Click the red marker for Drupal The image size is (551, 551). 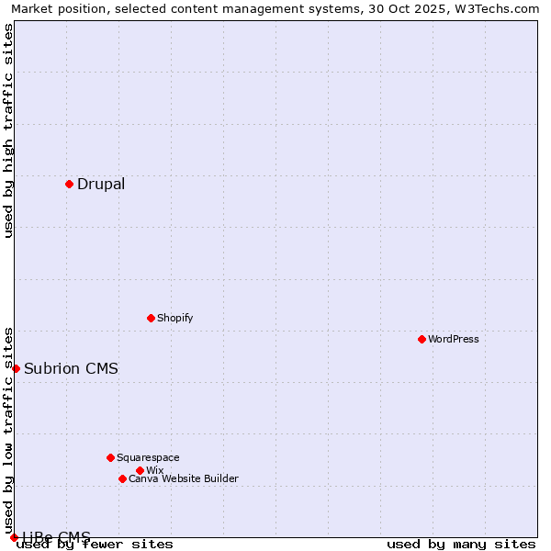point(69,184)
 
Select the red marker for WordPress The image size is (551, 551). point(422,339)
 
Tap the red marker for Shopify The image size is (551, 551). point(151,318)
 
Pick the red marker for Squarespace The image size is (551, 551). point(110,457)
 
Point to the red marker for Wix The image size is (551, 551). point(140,470)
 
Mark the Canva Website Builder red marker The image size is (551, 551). point(122,478)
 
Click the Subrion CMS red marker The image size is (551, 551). point(16,368)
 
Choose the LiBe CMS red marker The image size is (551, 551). point(14,537)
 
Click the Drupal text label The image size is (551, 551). point(101,184)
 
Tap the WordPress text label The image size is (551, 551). point(454,339)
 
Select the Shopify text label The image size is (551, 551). point(174,318)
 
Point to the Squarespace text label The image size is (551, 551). point(148,457)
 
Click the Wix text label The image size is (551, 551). point(154,470)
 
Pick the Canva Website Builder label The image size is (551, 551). point(184,478)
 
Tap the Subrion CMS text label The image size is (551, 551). point(71,368)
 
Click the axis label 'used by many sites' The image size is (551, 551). point(461,544)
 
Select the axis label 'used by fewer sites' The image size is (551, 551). point(96,544)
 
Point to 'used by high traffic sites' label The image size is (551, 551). point(8,130)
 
